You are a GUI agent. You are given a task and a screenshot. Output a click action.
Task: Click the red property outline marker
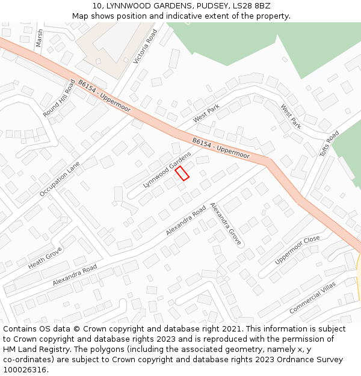click(x=182, y=174)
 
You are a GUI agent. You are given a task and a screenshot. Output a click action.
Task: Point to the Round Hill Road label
click(x=59, y=99)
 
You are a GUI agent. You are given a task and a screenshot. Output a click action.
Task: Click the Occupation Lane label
click(x=60, y=179)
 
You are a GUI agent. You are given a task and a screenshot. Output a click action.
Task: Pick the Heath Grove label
click(x=45, y=257)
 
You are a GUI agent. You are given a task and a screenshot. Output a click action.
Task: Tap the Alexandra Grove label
click(x=226, y=224)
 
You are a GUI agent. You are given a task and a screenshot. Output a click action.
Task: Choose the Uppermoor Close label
click(x=297, y=250)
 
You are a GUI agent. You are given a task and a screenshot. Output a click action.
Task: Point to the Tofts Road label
click(x=329, y=144)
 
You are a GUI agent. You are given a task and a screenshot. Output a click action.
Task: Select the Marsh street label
click(x=40, y=38)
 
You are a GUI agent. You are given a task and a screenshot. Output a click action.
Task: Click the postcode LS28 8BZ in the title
click(x=248, y=5)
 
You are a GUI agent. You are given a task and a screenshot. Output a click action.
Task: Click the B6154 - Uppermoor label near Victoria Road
click(x=104, y=96)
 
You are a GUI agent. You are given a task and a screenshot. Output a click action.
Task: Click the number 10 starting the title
click(x=97, y=5)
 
